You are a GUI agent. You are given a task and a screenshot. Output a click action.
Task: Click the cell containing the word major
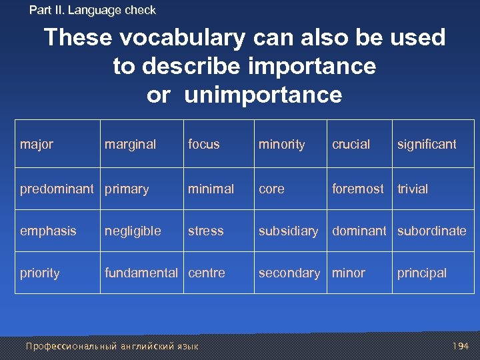pos(37,144)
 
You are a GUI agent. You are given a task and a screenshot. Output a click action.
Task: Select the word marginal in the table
pos(130,144)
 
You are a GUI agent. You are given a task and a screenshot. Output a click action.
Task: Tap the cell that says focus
pos(204,144)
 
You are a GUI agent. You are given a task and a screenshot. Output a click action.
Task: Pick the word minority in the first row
pos(281,144)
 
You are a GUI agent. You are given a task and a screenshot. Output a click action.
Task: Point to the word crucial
pos(351,144)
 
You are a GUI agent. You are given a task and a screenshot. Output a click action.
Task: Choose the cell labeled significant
pos(427,144)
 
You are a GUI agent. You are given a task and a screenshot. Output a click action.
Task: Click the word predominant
pos(57,189)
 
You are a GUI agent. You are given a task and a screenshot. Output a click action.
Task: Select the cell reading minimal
pos(211,189)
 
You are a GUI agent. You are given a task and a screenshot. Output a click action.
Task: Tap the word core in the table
pos(271,189)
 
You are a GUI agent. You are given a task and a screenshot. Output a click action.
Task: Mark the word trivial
pos(413,189)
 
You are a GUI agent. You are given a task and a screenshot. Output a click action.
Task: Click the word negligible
pos(133,231)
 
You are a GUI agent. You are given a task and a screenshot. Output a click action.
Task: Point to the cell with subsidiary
pos(288,231)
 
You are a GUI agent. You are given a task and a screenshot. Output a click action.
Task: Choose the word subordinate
pos(432,231)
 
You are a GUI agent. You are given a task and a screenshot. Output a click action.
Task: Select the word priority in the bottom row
pos(39,273)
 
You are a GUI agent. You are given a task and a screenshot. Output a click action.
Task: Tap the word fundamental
pos(141,273)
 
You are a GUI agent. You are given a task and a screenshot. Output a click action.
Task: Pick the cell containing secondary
pos(289,273)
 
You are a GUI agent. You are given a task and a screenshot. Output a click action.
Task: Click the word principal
pos(421,273)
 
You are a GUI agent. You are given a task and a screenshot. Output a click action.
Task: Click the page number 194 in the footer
pos(459,346)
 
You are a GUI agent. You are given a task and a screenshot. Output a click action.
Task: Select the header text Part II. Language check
pos(93,10)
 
